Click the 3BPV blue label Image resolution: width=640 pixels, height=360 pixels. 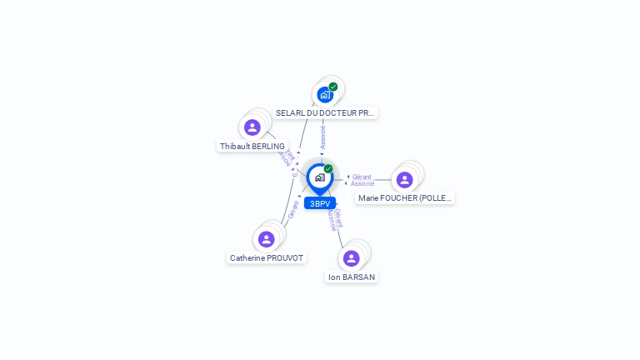pyautogui.click(x=320, y=203)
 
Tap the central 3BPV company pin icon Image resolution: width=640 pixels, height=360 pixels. pyautogui.click(x=319, y=177)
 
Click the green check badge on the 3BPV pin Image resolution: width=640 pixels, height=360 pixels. pyautogui.click(x=328, y=168)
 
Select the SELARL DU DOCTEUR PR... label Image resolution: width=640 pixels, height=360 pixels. pyautogui.click(x=326, y=112)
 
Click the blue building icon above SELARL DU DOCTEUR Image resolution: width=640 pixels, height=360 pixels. pyautogui.click(x=325, y=94)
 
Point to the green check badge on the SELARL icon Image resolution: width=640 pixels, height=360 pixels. pyautogui.click(x=333, y=87)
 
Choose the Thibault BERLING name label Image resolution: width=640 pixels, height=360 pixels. pyautogui.click(x=252, y=146)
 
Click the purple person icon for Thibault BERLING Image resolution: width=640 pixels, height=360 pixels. pyautogui.click(x=252, y=127)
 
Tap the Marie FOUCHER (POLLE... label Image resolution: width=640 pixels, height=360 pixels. pyautogui.click(x=405, y=198)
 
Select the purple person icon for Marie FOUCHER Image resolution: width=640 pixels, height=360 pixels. pyautogui.click(x=405, y=180)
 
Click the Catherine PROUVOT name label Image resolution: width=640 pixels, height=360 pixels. pyautogui.click(x=267, y=258)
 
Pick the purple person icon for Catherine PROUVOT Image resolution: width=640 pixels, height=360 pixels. pyautogui.click(x=267, y=239)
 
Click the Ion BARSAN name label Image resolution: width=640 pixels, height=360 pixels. pyautogui.click(x=352, y=277)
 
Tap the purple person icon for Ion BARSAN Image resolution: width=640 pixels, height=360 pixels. pyautogui.click(x=352, y=258)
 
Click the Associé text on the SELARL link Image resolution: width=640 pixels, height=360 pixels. pyautogui.click(x=323, y=137)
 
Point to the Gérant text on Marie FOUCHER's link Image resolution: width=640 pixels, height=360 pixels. pyautogui.click(x=362, y=177)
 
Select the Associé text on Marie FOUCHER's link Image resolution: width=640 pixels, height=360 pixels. pyautogui.click(x=362, y=183)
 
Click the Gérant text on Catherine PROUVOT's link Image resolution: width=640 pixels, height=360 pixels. pyautogui.click(x=293, y=210)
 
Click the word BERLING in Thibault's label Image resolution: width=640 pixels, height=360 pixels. pyautogui.click(x=268, y=146)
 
